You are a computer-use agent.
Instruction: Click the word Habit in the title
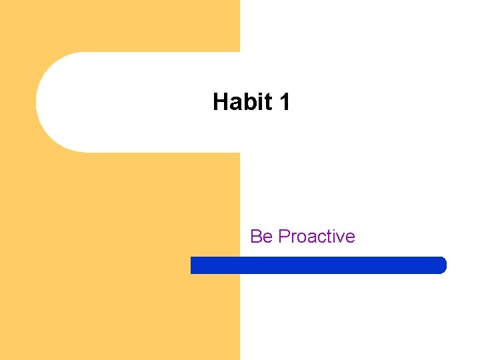point(243,102)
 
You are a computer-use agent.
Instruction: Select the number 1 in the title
point(285,102)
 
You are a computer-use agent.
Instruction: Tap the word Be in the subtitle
point(261,237)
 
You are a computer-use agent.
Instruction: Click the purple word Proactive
point(317,237)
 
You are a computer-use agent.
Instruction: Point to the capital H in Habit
point(221,102)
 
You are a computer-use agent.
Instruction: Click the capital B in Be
point(256,237)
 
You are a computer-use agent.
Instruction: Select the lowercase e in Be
point(267,237)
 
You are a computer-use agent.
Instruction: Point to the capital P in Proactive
point(283,237)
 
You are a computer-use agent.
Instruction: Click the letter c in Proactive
point(321,237)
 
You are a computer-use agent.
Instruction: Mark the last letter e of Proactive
point(350,237)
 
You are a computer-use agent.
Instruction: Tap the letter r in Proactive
point(293,237)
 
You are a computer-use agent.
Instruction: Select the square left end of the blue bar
point(193,265)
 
